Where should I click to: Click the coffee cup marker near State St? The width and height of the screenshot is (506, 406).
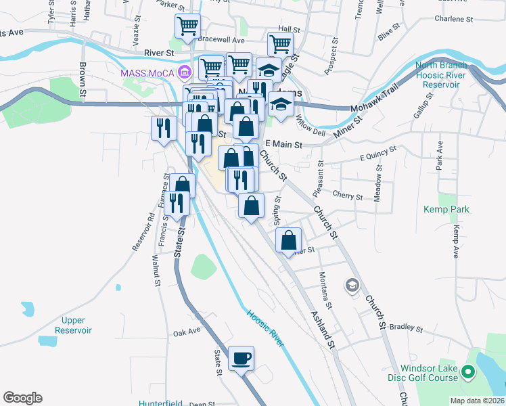241,358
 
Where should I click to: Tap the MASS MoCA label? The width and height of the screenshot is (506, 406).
148,73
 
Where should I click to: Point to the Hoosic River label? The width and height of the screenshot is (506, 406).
264,328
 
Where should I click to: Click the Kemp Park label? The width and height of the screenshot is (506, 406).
446,209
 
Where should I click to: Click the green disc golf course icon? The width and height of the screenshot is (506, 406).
467,371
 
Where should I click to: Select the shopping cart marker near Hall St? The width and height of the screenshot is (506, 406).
280,44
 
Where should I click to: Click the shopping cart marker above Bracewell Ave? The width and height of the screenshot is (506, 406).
187,26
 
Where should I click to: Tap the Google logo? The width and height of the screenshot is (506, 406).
22,398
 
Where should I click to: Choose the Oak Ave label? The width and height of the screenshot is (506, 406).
187,332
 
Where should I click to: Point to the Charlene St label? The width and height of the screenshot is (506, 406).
451,19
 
